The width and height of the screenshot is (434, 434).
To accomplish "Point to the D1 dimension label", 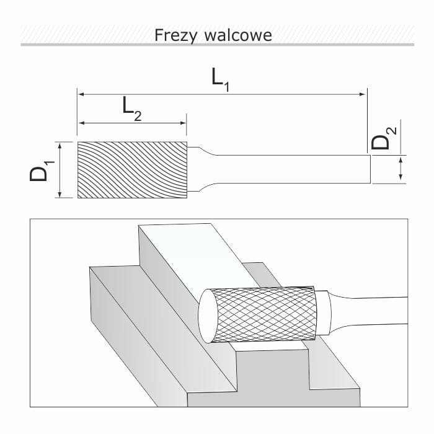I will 42,170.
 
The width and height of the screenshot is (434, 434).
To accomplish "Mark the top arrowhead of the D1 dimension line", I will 60,145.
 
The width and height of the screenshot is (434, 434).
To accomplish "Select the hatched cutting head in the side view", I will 132,170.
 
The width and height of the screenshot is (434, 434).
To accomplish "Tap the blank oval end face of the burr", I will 206,316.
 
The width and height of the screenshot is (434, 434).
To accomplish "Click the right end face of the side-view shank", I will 370,169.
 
